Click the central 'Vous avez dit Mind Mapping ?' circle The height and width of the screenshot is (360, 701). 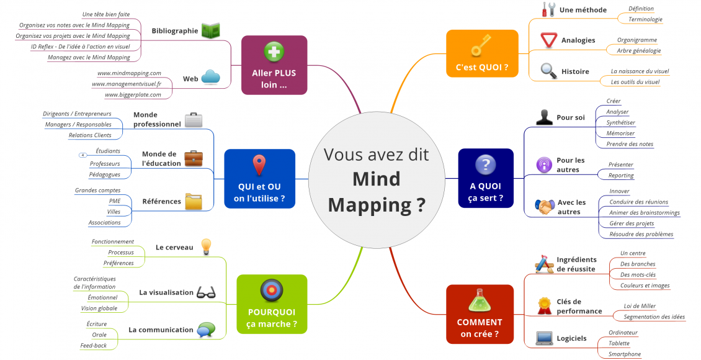pos(377,179)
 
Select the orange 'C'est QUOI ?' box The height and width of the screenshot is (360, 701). pos(482,53)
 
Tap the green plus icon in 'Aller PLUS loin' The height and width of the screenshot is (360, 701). pos(274,52)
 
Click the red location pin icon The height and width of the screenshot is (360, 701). pos(259,165)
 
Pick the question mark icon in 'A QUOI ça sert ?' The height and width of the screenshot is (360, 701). pos(485,164)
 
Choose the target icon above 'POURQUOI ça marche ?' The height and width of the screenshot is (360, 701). pos(271,290)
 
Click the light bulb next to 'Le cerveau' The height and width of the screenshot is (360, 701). pos(207,246)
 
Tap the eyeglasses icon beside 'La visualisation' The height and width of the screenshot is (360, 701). pos(205,292)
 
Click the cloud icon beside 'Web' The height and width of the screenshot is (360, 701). pos(211,77)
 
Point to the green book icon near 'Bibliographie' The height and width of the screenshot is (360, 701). pos(211,30)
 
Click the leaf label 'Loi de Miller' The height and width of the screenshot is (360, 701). pos(640,306)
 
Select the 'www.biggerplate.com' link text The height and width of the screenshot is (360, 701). pos(133,94)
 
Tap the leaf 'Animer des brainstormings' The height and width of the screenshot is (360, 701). pos(644,212)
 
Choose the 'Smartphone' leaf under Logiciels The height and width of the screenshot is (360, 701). pos(625,354)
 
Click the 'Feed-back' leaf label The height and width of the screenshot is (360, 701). pos(93,345)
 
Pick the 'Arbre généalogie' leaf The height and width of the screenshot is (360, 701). pos(638,50)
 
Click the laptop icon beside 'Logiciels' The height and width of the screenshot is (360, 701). pos(544,338)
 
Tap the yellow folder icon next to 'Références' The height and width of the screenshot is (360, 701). pos(194,201)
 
